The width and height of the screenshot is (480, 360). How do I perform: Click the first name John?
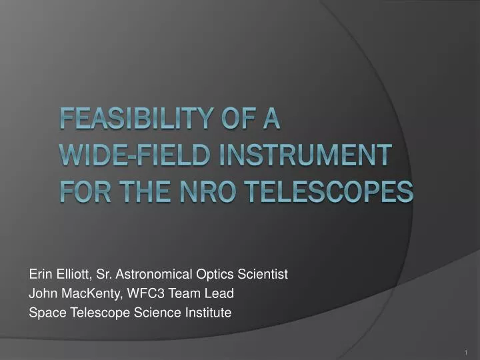pyautogui.click(x=42, y=293)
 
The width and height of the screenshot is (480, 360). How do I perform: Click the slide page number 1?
pyautogui.click(x=465, y=351)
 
